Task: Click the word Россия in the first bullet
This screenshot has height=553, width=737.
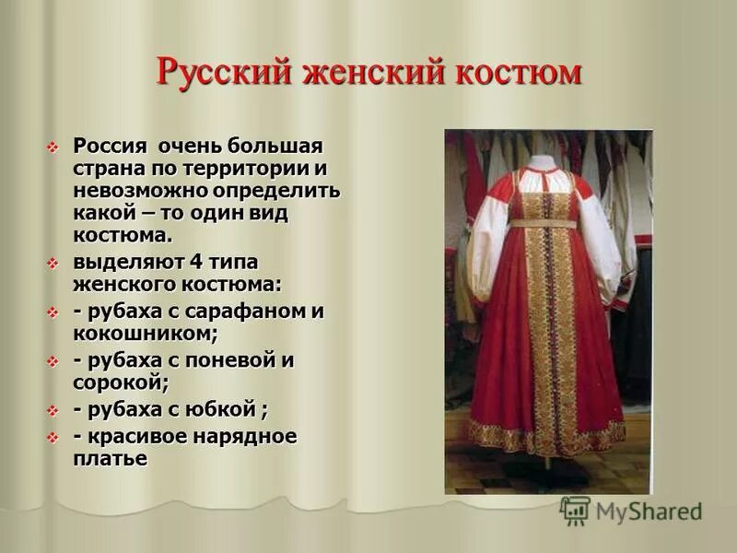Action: [x=111, y=147]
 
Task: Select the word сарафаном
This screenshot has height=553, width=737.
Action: [x=243, y=311]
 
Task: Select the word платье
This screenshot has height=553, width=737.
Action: [x=111, y=458]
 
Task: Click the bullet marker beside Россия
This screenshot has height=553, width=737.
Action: [x=53, y=147]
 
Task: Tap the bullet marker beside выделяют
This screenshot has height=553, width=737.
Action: [x=53, y=262]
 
